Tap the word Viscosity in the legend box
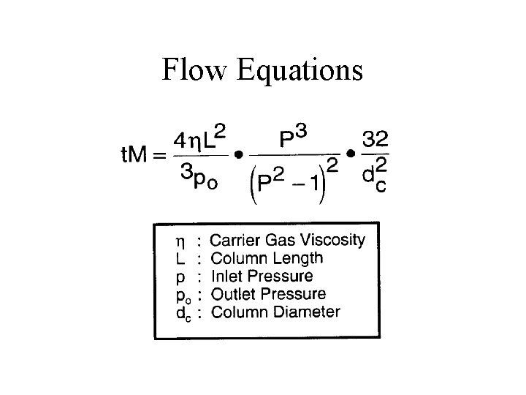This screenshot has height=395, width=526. pyautogui.click(x=332, y=240)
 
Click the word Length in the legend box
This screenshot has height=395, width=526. pyautogui.click(x=296, y=257)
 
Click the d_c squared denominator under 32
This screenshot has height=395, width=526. pyautogui.click(x=376, y=176)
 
